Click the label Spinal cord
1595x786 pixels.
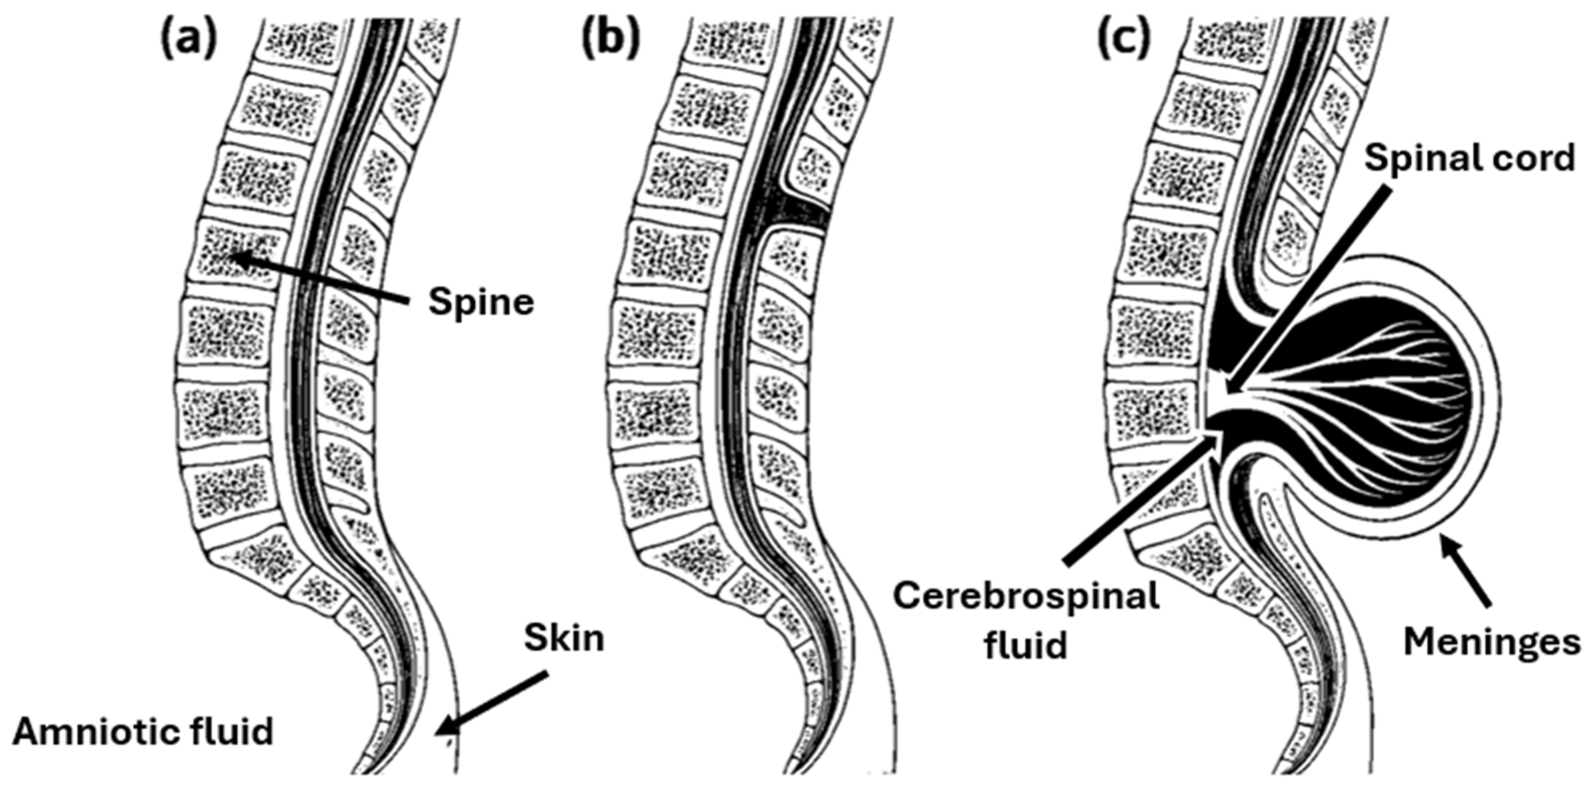[x=1469, y=158]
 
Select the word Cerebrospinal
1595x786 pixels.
[x=1025, y=598]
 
